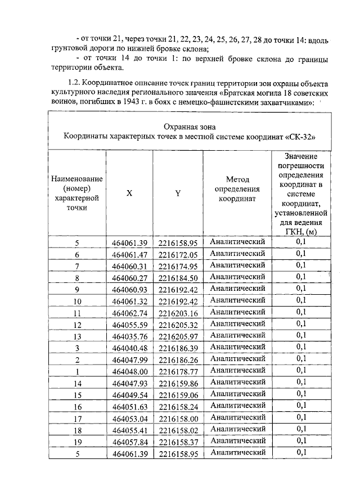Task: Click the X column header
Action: coord(129,192)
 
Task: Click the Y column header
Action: coord(178,192)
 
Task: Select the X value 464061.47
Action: coord(129,254)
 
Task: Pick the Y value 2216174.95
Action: coord(178,266)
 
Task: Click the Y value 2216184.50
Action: coord(178,278)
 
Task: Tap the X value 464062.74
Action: coord(129,313)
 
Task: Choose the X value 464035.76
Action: coord(129,336)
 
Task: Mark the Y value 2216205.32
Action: coord(178,325)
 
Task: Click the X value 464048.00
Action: coord(129,371)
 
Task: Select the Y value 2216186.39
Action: coord(178,348)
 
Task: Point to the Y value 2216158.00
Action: coord(178,418)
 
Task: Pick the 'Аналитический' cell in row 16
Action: coord(237,406)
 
